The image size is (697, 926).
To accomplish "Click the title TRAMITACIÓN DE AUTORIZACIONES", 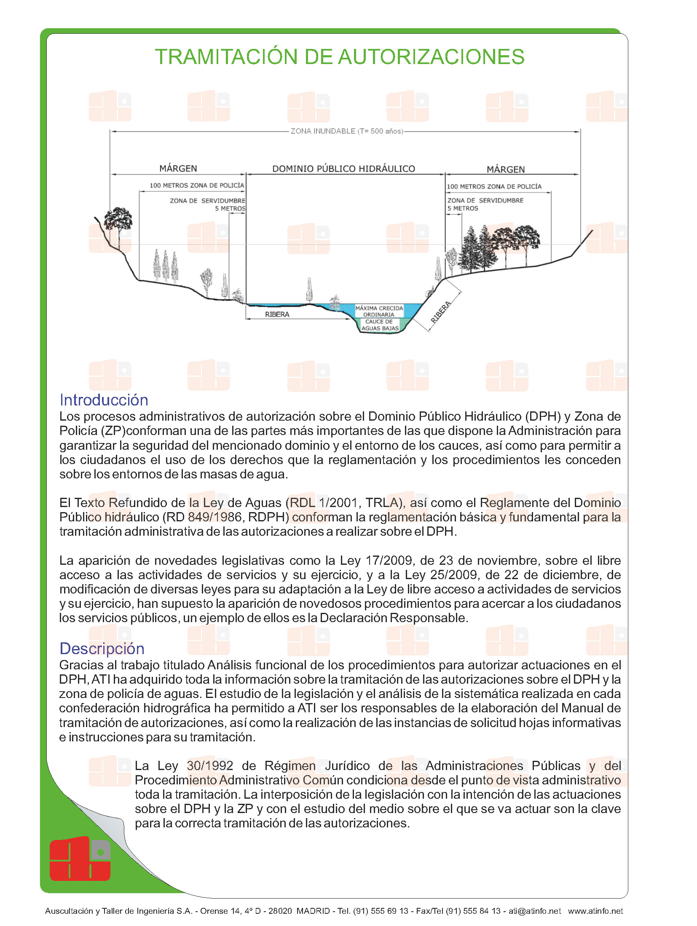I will [339, 57].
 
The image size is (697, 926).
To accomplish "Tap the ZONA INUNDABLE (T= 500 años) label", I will [346, 131].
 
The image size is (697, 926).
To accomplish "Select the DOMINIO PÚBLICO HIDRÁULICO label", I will [343, 169].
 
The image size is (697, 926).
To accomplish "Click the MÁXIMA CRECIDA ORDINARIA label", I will [379, 311].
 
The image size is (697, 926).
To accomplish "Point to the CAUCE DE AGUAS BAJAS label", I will [379, 325].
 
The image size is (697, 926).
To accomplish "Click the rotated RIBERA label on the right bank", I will [441, 312].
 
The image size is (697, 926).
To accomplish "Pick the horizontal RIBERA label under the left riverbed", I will [277, 314].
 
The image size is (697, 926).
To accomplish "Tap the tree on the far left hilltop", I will [118, 221].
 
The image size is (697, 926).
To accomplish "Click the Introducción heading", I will [104, 400].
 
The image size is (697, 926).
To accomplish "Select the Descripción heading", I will [102, 648].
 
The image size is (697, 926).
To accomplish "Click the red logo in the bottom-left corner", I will [80, 858].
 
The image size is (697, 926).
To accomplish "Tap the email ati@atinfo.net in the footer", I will [534, 911].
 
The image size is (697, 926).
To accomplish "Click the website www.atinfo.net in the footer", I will [595, 911].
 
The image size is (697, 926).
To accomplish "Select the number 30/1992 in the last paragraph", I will [210, 765].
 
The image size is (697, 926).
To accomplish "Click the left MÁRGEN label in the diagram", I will [178, 169].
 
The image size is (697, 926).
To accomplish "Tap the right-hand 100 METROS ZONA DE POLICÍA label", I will [494, 186].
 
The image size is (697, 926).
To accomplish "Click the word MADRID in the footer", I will [313, 911].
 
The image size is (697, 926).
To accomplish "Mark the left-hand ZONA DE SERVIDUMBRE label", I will [207, 201].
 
